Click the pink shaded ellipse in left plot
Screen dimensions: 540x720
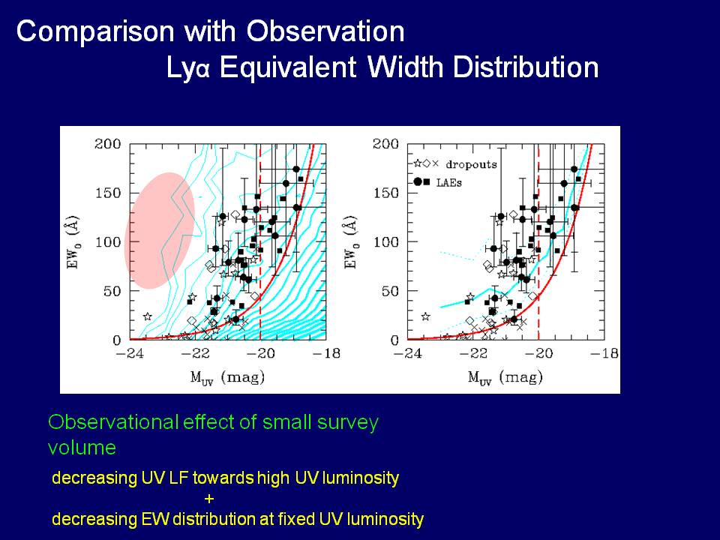pyautogui.click(x=159, y=230)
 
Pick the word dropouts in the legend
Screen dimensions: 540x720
pyautogui.click(x=472, y=163)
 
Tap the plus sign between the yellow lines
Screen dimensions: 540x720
pyautogui.click(x=209, y=498)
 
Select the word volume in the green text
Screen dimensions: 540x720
pyautogui.click(x=82, y=448)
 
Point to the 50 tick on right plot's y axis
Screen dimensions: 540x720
pyautogui.click(x=391, y=290)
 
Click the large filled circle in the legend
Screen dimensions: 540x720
pyautogui.click(x=418, y=181)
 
